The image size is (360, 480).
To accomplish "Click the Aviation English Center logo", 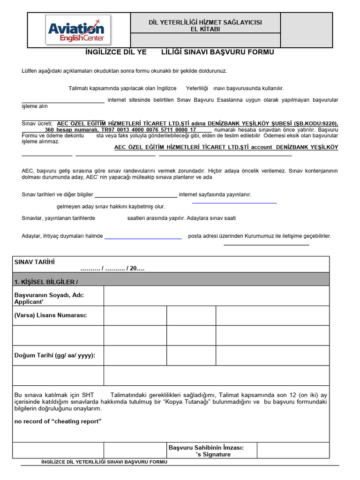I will [78, 30].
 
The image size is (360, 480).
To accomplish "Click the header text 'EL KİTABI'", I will [205, 29].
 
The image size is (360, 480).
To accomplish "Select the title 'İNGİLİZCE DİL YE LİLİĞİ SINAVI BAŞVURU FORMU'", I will [180, 52].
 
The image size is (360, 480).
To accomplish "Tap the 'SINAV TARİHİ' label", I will [37, 262].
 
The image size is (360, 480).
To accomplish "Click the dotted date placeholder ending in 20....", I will [112, 269].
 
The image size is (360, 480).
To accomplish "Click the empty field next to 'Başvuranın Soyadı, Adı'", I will [217, 296].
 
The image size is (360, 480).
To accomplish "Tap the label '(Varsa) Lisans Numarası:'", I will [51, 315].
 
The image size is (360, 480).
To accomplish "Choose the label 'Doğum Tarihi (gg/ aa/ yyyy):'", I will [55, 355].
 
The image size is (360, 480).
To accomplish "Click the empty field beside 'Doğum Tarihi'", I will [135, 356].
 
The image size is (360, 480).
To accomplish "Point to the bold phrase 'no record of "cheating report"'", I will [58, 421].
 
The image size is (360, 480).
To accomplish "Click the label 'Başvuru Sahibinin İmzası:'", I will [206, 448].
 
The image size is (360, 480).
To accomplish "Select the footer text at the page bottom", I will [104, 462].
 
